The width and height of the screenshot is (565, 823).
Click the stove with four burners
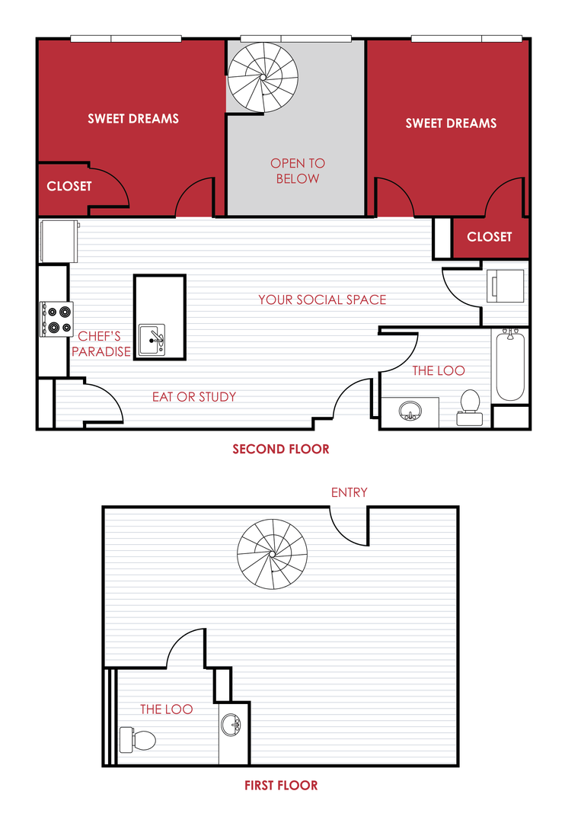[57, 319]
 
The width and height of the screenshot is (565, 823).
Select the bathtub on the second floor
[510, 366]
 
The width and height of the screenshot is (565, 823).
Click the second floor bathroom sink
[411, 411]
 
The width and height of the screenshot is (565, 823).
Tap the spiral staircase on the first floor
[272, 552]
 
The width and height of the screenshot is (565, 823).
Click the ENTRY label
[349, 492]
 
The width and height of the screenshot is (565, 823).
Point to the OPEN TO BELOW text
[298, 171]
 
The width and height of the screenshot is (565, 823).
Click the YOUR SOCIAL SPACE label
[322, 299]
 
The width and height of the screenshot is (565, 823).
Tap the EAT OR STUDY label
[194, 396]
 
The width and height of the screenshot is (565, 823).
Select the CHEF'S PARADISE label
[101, 343]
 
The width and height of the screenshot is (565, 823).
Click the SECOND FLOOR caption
[281, 449]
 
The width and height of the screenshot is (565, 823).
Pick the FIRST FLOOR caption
[281, 785]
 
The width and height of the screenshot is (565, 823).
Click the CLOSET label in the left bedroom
[69, 186]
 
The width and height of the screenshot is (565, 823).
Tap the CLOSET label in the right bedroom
[490, 236]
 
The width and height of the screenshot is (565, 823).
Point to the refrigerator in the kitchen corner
[59, 241]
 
